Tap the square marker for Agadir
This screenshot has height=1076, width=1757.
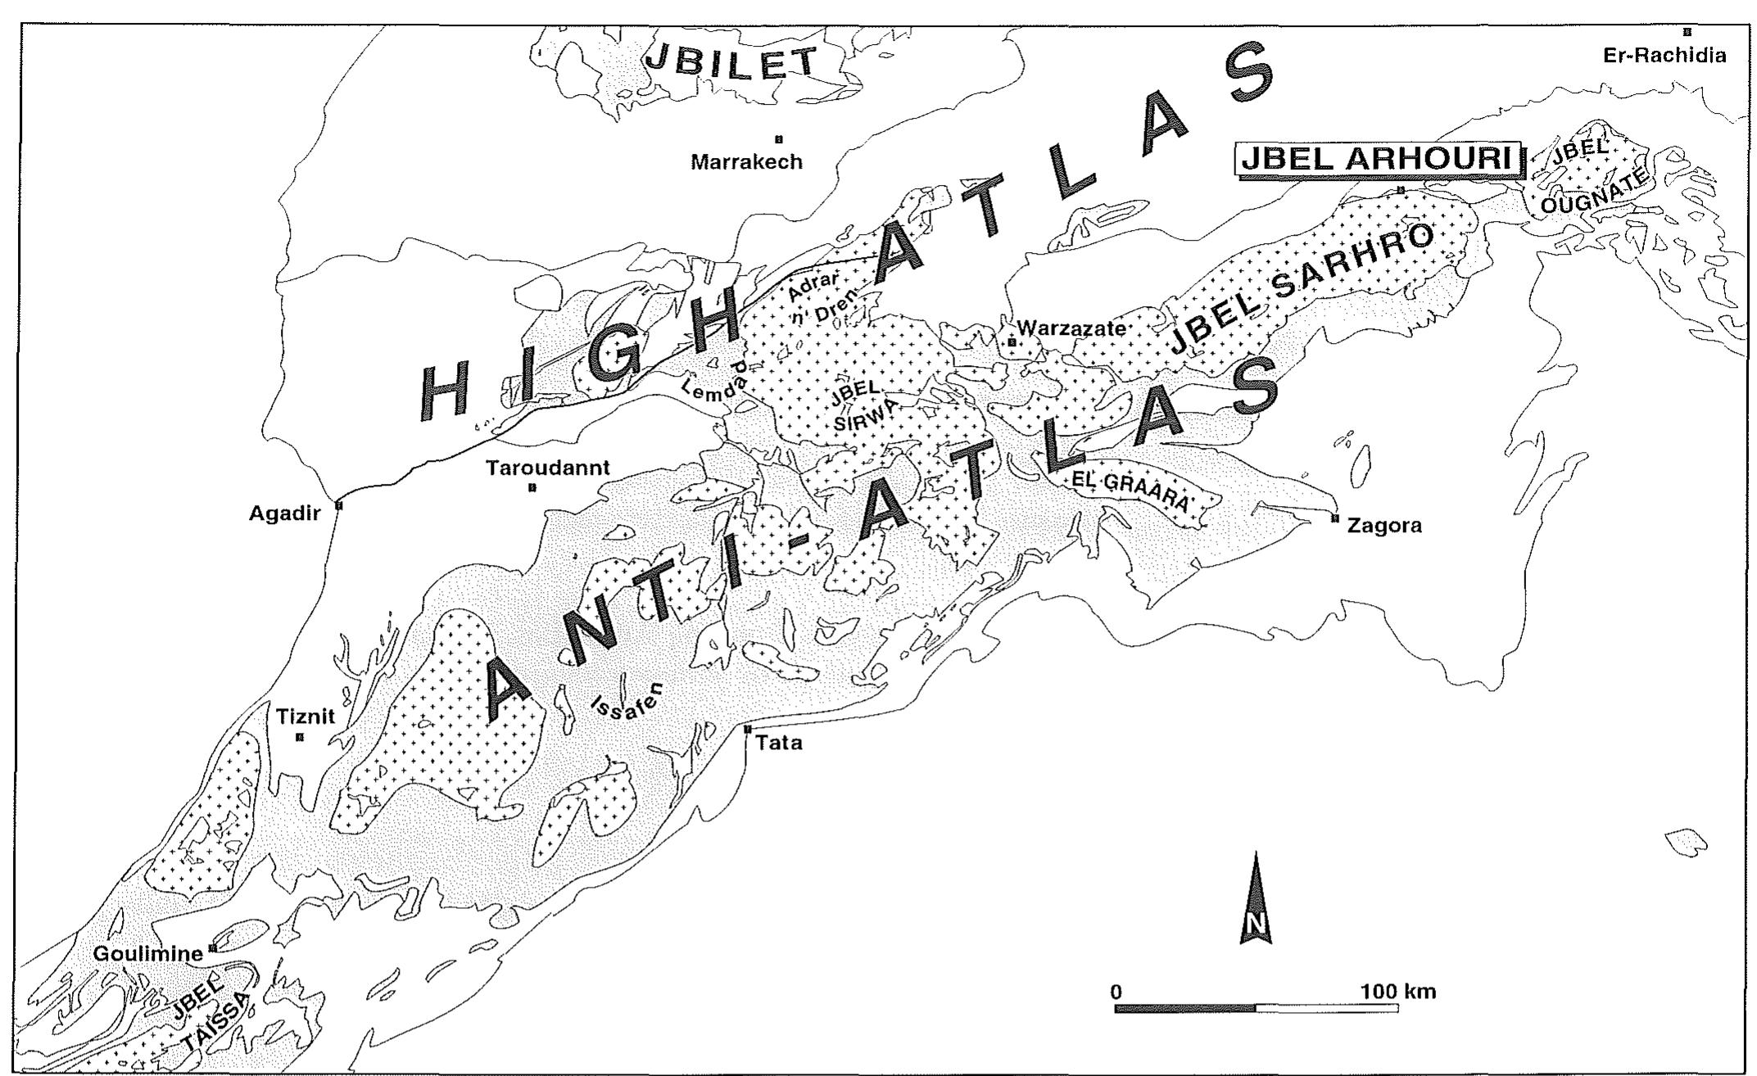pyautogui.click(x=339, y=505)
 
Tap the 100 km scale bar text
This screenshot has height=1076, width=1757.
pyautogui.click(x=1398, y=992)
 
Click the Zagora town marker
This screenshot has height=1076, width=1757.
pyautogui.click(x=1335, y=518)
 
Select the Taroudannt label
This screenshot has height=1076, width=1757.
pyautogui.click(x=547, y=468)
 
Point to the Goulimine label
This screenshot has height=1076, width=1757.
pyautogui.click(x=147, y=954)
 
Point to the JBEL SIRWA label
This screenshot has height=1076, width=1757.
pyautogui.click(x=853, y=406)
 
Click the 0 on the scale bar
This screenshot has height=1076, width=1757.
pyautogui.click(x=1116, y=992)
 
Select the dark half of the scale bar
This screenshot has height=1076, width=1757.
pyautogui.click(x=1185, y=1008)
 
